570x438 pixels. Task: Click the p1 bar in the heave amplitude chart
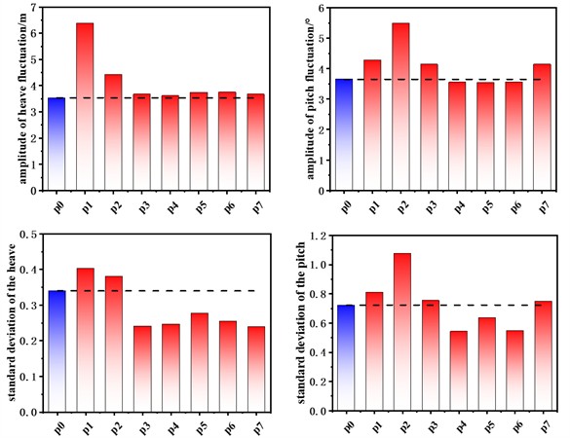[85, 106]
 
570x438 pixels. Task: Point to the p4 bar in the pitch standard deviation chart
[457, 371]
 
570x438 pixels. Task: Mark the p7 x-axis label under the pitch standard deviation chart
[542, 424]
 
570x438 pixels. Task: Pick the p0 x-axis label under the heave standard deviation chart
[57, 424]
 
